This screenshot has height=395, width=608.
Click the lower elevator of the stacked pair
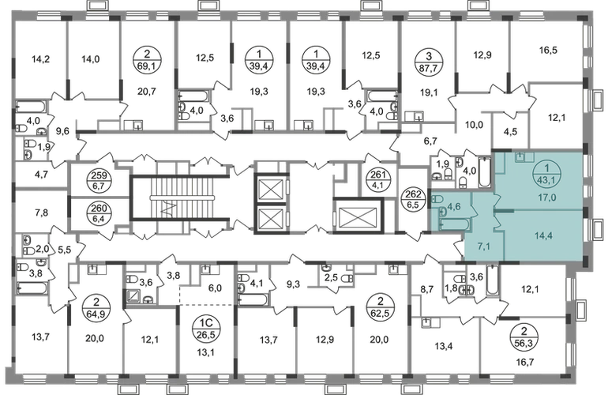click(x=270, y=214)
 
